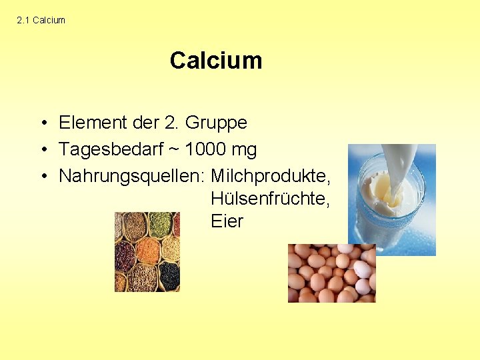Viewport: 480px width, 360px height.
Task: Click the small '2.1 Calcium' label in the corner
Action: pyautogui.click(x=41, y=21)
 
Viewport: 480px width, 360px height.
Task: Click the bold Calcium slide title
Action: pyautogui.click(x=215, y=61)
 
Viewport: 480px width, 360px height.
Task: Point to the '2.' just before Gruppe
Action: pyautogui.click(x=171, y=123)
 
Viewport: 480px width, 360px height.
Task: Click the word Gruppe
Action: pyautogui.click(x=216, y=123)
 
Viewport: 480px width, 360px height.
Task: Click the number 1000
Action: pyautogui.click(x=205, y=149)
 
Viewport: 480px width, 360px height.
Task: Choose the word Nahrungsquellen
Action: pyautogui.click(x=132, y=177)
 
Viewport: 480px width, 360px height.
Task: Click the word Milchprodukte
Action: pyautogui.click(x=271, y=177)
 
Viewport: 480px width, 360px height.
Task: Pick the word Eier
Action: pyautogui.click(x=227, y=221)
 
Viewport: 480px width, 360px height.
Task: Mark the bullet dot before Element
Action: pyautogui.click(x=42, y=123)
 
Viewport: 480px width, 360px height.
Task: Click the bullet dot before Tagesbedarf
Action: pyautogui.click(x=42, y=151)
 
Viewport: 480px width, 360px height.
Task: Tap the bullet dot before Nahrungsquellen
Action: pyautogui.click(x=42, y=177)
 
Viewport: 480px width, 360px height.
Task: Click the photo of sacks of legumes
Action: pyautogui.click(x=147, y=252)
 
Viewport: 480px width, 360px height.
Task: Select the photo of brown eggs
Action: pyautogui.click(x=331, y=273)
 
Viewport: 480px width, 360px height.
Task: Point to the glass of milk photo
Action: pyautogui.click(x=391, y=199)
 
